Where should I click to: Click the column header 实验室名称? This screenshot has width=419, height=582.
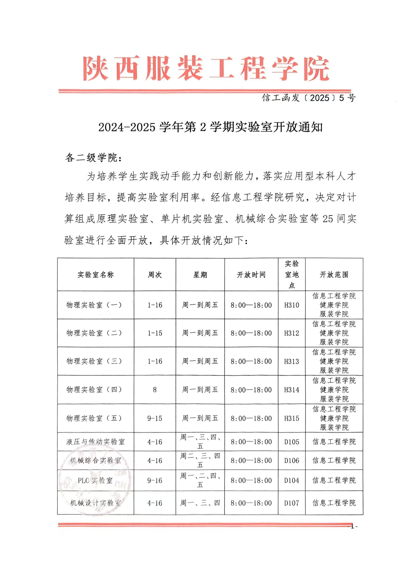pos(95,275)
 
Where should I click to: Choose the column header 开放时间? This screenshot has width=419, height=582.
pos(251,275)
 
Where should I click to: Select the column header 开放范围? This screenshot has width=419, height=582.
pos(334,275)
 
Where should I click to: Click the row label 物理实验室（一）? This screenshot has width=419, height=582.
pos(94,305)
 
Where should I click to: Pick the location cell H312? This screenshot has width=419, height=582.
pos(292,333)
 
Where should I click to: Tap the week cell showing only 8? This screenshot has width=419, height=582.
pos(155,390)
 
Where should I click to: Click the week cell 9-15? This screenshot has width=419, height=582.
pos(155,418)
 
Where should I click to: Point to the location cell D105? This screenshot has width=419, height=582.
pos(292,442)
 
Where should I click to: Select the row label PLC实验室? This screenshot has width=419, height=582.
pos(95,480)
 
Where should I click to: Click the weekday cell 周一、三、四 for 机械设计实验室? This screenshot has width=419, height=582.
pos(200,503)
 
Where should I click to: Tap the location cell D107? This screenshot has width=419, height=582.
pos(292,503)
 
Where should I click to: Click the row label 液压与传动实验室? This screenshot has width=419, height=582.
pos(95,442)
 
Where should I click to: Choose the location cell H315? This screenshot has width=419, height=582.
pos(292,418)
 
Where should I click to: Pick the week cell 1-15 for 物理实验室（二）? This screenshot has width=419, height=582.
pos(155,333)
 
